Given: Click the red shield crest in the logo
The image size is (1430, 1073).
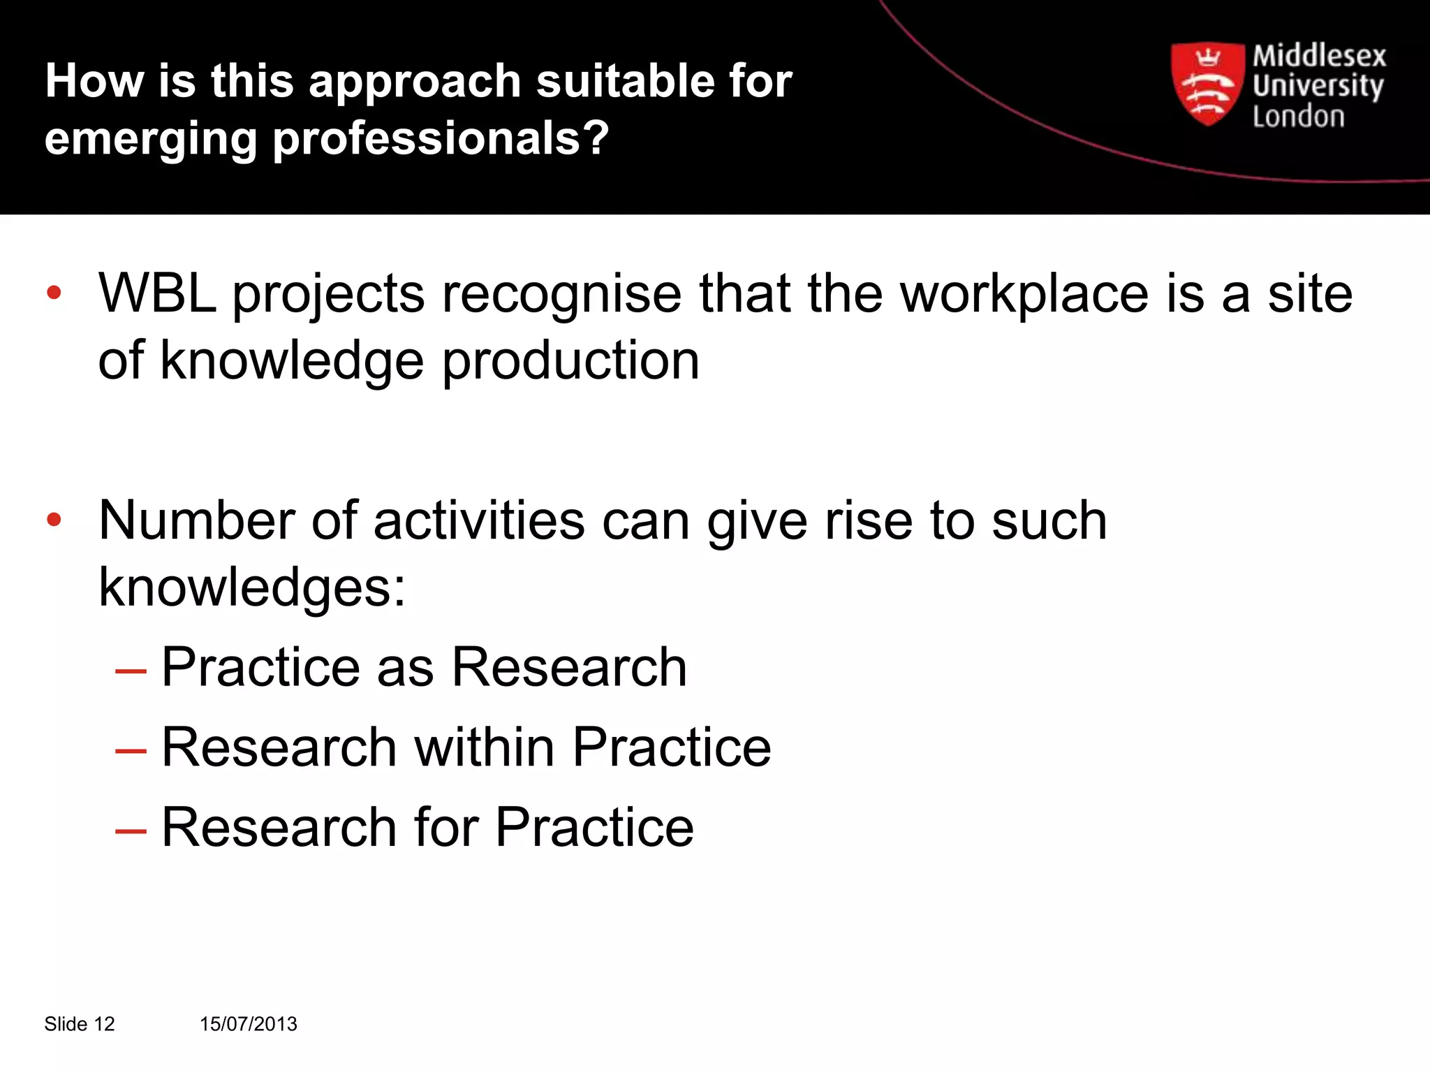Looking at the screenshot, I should coord(1207,84).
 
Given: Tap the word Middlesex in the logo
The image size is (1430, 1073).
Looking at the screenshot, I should coord(1318,56).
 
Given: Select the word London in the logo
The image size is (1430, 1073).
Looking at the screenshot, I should coord(1298,116).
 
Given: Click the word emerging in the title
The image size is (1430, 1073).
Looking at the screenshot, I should coord(151,138).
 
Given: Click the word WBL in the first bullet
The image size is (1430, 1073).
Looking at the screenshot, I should coord(157,293).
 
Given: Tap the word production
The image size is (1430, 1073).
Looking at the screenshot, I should coord(570,360).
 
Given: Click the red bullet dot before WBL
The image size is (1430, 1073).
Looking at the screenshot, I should coord(54,293).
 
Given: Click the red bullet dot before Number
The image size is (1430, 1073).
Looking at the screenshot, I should coord(54,520).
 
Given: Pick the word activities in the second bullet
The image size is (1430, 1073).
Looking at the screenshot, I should coord(479,520).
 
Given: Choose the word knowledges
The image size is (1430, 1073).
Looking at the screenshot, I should coord(252,587).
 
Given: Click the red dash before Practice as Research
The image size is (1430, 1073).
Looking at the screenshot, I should coord(131,671).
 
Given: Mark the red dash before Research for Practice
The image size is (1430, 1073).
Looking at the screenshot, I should coord(131,831).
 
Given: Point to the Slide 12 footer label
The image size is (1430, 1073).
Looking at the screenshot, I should coord(79,1024).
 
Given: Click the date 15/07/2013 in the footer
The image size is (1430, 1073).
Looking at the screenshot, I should coord(249,1024).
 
